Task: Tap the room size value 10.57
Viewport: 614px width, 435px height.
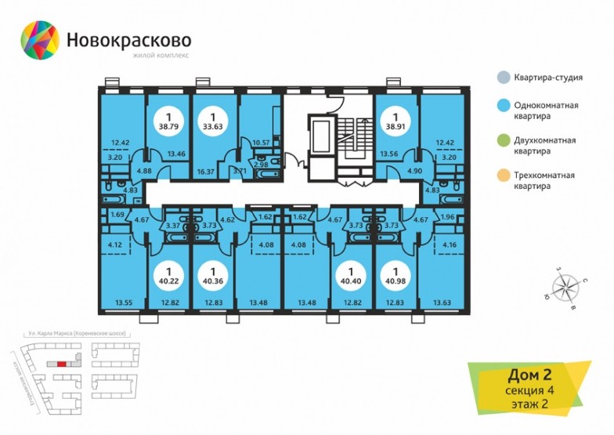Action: point(259,142)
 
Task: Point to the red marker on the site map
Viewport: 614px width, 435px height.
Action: point(61,364)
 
